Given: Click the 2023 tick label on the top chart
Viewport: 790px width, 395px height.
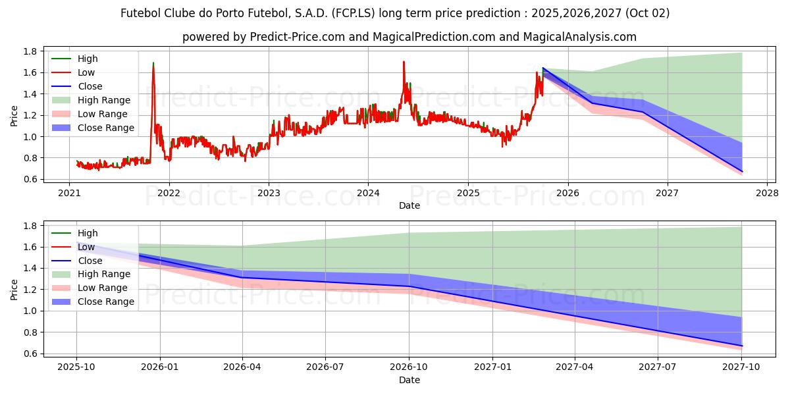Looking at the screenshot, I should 269,193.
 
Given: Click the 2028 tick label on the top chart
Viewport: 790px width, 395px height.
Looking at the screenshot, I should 767,193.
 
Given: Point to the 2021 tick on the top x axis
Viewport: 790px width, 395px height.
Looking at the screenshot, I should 70,193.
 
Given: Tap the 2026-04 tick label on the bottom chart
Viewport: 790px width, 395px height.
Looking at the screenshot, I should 242,367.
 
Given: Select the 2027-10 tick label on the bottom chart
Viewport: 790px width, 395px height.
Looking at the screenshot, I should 742,367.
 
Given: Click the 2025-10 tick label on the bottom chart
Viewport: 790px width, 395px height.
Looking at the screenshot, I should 76,367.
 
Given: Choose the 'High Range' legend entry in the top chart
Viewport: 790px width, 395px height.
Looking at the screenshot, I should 104,100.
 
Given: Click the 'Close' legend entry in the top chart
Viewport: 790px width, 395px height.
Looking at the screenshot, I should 90,86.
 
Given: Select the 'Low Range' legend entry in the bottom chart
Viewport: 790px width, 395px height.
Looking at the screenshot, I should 103,288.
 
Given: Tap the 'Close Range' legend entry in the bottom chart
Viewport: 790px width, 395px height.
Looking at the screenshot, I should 106,302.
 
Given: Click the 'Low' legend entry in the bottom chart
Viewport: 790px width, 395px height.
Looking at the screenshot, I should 87,247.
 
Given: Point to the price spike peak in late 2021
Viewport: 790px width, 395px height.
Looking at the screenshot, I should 153,63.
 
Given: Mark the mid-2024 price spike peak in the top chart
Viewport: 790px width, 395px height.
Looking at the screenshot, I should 404,62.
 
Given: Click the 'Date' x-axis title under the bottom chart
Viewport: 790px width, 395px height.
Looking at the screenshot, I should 409,380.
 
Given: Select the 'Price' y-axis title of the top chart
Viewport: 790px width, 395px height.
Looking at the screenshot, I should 14,115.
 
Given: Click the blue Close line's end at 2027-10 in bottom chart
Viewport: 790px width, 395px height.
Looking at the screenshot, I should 742,346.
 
